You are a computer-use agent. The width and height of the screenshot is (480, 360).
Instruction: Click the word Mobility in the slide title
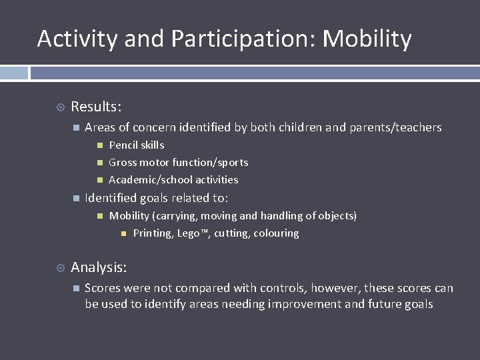coord(367,39)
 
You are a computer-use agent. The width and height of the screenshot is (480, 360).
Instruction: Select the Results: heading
coord(96,107)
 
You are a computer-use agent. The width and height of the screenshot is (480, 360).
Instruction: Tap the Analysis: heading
coord(99,267)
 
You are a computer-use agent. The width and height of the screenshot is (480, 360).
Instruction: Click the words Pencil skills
coord(136,145)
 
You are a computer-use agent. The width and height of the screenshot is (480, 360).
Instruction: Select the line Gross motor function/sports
coord(178,163)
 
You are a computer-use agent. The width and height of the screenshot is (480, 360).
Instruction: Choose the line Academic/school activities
coord(173,180)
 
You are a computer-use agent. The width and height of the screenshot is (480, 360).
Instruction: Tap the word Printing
coord(153,233)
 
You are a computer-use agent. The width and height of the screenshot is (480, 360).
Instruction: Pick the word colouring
coord(276,233)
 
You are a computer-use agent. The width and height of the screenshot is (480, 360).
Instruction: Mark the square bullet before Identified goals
coord(76,198)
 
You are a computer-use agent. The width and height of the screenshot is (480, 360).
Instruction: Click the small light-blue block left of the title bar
coord(14,73)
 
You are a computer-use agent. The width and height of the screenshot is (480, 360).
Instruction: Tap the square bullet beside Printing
coord(124,233)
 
